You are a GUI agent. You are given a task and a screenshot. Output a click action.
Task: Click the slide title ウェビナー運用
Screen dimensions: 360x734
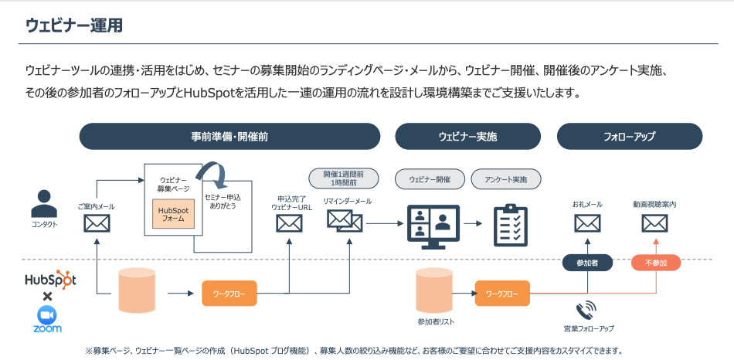[x=74, y=25]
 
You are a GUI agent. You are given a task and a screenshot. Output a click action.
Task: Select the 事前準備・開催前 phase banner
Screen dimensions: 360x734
[x=229, y=136]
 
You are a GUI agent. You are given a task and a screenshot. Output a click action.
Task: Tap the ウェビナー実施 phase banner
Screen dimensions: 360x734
[x=467, y=136]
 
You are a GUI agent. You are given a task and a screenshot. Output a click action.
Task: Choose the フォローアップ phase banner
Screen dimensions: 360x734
[x=629, y=136]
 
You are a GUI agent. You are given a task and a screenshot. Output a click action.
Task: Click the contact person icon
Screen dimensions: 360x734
[x=45, y=205]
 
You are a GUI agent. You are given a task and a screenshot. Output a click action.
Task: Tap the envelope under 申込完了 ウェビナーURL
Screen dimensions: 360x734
[x=289, y=224]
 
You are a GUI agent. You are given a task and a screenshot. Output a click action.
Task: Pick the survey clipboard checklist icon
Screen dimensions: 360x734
[x=510, y=225]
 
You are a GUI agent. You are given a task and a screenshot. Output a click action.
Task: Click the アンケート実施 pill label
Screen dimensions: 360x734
[x=506, y=179]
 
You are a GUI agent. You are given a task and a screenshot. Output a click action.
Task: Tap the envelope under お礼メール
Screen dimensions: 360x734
[x=587, y=224]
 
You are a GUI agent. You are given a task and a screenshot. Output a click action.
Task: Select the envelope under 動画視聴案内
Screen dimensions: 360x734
[x=654, y=224]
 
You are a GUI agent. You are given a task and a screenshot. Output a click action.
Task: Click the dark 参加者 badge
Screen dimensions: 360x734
[x=586, y=263]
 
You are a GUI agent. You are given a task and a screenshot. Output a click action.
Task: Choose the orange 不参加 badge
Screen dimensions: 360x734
[x=655, y=263]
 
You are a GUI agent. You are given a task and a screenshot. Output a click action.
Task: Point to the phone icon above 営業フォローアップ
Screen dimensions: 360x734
[x=586, y=311]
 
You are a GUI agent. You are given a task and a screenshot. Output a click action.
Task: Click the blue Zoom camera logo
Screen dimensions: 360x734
[x=47, y=314]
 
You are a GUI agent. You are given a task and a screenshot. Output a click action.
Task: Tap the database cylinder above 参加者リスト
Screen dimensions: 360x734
[x=433, y=290]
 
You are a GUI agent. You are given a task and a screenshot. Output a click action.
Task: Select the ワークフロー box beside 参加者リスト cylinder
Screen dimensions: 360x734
[x=502, y=293]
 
